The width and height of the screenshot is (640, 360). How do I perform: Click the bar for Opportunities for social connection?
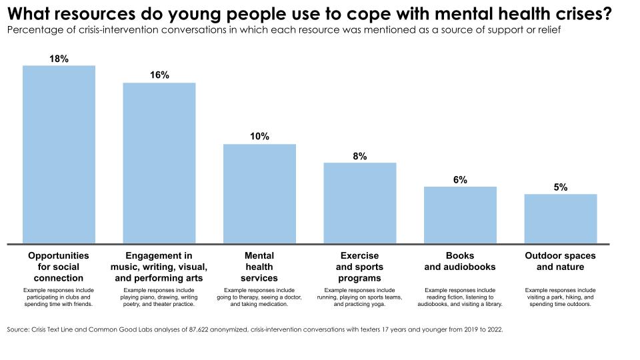click(59, 154)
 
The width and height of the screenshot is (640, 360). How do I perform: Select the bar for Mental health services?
click(259, 193)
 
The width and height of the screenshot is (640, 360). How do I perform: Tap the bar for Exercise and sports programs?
click(360, 203)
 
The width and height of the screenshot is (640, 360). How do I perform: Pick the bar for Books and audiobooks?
click(460, 215)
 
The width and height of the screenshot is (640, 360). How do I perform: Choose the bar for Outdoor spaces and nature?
click(560, 219)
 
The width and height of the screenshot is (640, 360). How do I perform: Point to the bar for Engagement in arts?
click(159, 163)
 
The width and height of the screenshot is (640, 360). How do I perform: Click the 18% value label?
click(59, 59)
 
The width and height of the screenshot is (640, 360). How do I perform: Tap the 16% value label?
click(159, 75)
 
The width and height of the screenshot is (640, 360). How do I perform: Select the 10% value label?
click(259, 137)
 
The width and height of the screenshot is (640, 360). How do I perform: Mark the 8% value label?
click(360, 156)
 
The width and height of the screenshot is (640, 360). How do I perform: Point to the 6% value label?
click(460, 180)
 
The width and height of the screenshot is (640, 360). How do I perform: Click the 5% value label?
click(560, 187)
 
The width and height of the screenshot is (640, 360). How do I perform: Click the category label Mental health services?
click(259, 267)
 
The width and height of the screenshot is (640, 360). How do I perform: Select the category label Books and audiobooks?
click(460, 261)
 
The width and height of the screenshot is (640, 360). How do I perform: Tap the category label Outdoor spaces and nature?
click(560, 261)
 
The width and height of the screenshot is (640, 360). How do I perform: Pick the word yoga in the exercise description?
click(378, 304)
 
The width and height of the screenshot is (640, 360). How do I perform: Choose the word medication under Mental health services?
click(272, 304)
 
